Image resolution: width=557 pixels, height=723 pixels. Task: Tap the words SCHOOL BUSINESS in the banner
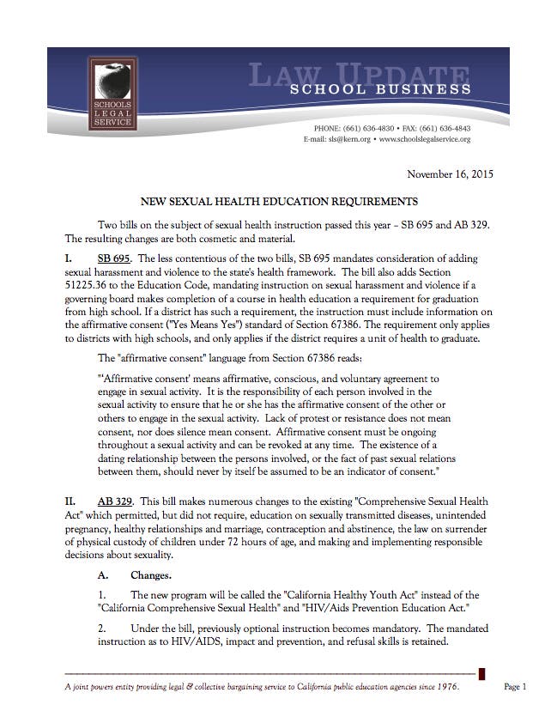pos(380,88)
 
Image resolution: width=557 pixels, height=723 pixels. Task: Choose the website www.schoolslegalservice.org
pos(424,138)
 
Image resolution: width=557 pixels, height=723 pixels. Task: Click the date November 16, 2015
pos(451,174)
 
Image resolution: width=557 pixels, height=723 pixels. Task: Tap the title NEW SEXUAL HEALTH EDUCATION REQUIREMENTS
pos(278,202)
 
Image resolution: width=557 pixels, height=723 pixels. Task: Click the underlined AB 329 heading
pos(114,501)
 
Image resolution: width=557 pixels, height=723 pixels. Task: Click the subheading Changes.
pos(151,574)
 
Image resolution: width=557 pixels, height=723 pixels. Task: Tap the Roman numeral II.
pos(71,501)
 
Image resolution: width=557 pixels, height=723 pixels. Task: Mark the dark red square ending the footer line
pos(482,673)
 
